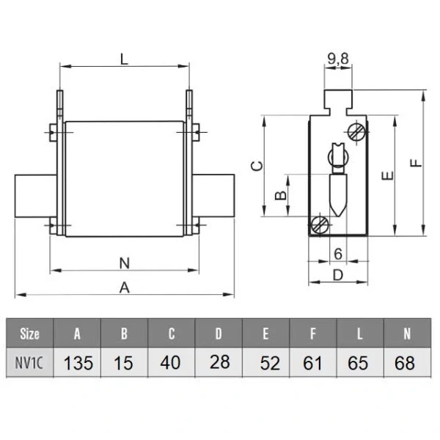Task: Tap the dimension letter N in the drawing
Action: coord(124,261)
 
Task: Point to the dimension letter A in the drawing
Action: coord(125,287)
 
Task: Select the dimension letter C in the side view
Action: coord(257,166)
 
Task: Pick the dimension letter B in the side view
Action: coord(279,195)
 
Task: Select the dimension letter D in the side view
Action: coord(337,275)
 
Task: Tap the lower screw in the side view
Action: coord(320,224)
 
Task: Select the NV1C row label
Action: coord(30,362)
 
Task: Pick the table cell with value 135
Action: coord(78,362)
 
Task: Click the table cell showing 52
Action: coord(266,362)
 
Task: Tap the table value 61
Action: coord(313,362)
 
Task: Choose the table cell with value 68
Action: coord(405,362)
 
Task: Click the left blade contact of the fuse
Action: coord(34,196)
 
